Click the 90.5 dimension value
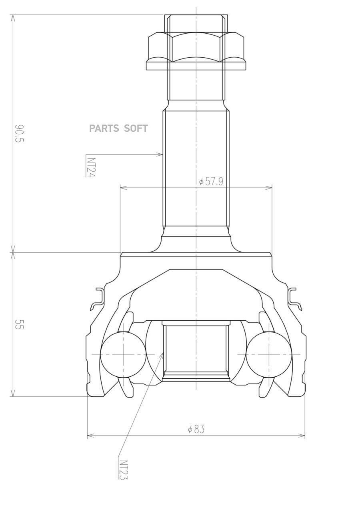click(19, 133)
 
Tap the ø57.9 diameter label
click(211, 182)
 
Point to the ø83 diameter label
click(196, 429)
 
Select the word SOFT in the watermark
click(136, 129)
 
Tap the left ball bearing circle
click(123, 355)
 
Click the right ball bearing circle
click(269, 355)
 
